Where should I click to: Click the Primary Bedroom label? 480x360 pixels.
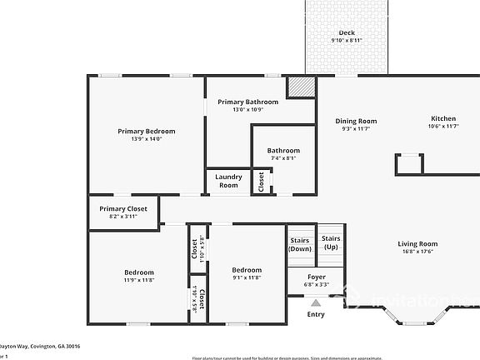[147, 131]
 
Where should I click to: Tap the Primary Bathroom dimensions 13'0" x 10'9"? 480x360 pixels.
[247, 109]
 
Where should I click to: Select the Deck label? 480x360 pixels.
[347, 32]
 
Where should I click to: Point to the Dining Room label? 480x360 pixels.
[356, 121]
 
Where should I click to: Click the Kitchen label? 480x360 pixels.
[443, 118]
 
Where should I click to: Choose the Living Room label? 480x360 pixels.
[417, 243]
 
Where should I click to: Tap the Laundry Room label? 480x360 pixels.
[228, 180]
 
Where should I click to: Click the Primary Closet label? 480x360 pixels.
[122, 208]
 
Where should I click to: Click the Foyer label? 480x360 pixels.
[317, 277]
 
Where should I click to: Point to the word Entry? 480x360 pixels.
[316, 314]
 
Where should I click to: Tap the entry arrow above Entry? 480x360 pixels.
[316, 302]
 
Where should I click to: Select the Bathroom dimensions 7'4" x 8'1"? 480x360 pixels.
[283, 158]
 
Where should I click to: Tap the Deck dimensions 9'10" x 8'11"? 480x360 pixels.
[347, 40]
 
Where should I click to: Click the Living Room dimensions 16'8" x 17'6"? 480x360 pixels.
[417, 251]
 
